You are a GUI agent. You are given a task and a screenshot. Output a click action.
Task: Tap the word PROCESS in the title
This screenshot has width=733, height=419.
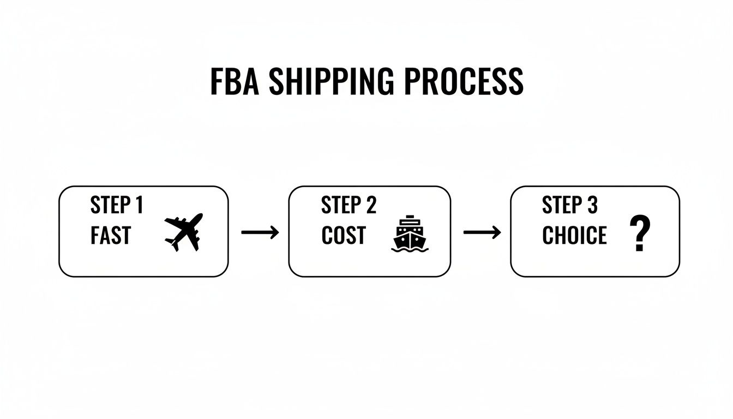tap(464, 82)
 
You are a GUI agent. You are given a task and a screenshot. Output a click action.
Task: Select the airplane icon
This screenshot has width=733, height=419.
tap(184, 231)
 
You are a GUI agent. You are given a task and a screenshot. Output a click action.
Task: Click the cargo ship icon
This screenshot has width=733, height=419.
tap(410, 234)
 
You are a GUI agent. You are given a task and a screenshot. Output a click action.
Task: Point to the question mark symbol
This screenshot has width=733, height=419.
tap(640, 232)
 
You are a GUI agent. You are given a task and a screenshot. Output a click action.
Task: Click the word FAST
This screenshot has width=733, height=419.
tap(111, 236)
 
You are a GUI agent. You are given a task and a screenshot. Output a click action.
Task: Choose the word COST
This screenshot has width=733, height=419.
tap(343, 236)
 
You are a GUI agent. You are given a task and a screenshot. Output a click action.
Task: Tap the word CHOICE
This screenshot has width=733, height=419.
tap(574, 236)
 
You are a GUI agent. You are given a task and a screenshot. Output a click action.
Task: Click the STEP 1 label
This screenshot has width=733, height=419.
tap(117, 206)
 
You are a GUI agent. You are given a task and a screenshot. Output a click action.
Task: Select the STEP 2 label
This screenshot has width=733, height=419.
tap(349, 206)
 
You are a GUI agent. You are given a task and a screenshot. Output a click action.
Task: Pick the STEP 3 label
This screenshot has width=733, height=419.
tap(569, 206)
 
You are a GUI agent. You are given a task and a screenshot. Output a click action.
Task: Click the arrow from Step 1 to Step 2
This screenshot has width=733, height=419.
tap(260, 232)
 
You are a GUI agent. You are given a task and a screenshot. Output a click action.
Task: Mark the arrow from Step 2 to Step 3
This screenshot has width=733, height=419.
tap(482, 232)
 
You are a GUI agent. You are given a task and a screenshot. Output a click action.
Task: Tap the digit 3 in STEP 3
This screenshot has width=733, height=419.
tap(592, 206)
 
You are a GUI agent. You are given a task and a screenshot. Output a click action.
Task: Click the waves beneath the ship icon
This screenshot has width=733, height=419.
tap(410, 249)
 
